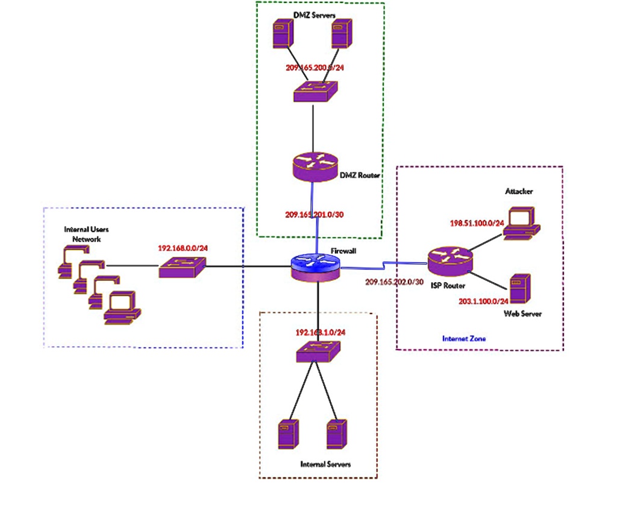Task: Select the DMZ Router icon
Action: [315, 166]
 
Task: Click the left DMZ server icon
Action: [280, 34]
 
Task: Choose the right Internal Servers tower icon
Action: [336, 434]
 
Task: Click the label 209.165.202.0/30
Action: [395, 282]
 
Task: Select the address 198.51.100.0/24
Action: [477, 223]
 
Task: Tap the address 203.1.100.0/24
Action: [483, 300]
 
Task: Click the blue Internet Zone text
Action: [464, 339]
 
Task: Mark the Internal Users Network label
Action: [86, 234]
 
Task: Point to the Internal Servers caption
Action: [325, 464]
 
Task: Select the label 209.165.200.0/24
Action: [315, 68]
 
